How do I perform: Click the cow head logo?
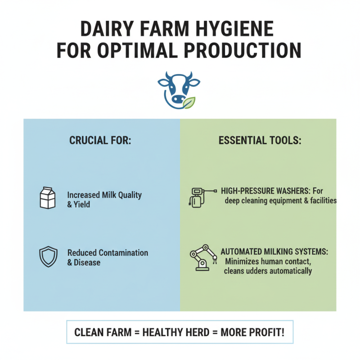(179, 89)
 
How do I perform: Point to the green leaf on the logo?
(189, 103)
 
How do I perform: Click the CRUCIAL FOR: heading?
(100, 140)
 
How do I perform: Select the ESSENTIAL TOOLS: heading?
(260, 140)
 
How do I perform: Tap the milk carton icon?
(47, 198)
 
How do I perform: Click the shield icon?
(47, 256)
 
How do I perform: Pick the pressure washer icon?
(197, 197)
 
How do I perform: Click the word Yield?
(82, 205)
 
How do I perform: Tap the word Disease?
(88, 262)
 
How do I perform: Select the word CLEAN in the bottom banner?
(89, 333)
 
